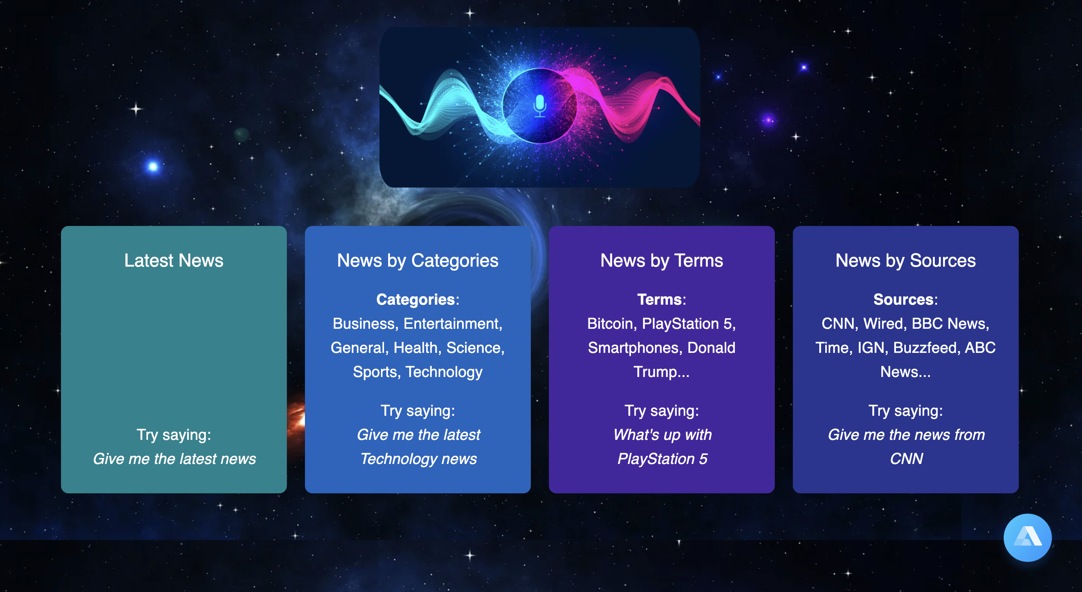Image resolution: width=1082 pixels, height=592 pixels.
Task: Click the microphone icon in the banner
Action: (540, 106)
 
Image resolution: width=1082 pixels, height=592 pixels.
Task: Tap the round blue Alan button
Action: (1027, 537)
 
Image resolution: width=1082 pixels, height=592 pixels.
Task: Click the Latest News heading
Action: (174, 261)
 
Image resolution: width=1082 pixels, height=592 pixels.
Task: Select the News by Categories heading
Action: (418, 261)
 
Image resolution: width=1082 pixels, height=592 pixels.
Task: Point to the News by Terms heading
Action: (661, 261)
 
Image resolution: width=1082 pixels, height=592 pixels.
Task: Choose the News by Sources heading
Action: (905, 261)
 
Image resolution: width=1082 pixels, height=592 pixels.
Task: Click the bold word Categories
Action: (415, 299)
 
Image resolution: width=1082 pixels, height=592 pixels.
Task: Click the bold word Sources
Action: (903, 299)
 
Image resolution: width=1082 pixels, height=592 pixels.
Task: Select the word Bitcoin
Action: (610, 323)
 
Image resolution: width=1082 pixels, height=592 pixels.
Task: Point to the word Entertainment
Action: (451, 323)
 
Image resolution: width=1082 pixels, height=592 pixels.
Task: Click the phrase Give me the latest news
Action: (174, 459)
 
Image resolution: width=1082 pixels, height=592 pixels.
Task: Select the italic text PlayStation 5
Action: (662, 459)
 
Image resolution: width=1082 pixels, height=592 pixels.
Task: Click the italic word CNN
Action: (907, 459)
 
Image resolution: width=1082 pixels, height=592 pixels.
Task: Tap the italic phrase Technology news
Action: (418, 459)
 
